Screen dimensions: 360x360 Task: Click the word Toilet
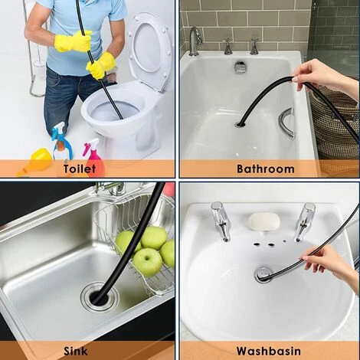pyautogui.click(x=80, y=169)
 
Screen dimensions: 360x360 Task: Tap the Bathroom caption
pyautogui.click(x=266, y=169)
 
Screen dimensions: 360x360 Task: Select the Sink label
pyautogui.click(x=76, y=351)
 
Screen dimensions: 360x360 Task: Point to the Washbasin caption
pyautogui.click(x=268, y=351)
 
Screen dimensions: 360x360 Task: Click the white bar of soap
pyautogui.click(x=264, y=221)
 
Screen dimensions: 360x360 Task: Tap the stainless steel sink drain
pyautogui.click(x=100, y=296)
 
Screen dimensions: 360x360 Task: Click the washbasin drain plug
pyautogui.click(x=263, y=274)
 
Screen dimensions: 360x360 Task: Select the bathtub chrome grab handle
pyautogui.click(x=286, y=123)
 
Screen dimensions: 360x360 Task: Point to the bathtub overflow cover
pyautogui.click(x=241, y=67)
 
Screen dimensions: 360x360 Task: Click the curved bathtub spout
pyautogui.click(x=195, y=41)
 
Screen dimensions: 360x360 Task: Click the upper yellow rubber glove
pyautogui.click(x=73, y=41)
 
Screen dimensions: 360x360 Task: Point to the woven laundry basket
pyautogui.click(x=335, y=120)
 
